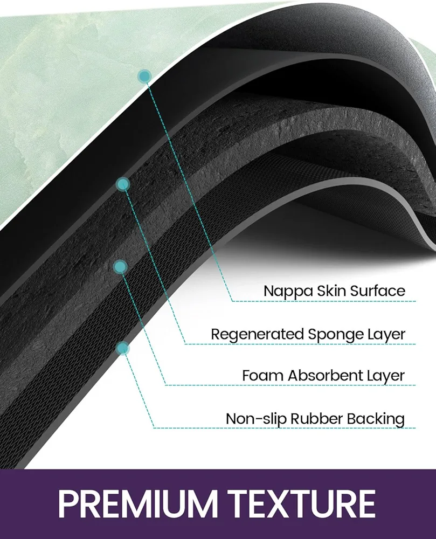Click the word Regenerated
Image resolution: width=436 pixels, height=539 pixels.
(257, 335)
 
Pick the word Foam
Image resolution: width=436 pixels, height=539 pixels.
(263, 376)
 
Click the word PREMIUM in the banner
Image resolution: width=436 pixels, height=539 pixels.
(138, 503)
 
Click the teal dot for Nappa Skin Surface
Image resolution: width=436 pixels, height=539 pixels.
(144, 77)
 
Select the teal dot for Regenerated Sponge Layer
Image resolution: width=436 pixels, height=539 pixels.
(123, 184)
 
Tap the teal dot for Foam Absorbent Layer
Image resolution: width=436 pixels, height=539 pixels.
(120, 267)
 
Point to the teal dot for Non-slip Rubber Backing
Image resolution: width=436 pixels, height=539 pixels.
(123, 349)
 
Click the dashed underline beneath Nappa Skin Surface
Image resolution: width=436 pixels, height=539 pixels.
(324, 301)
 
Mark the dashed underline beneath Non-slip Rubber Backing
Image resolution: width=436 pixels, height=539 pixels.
(285, 428)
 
